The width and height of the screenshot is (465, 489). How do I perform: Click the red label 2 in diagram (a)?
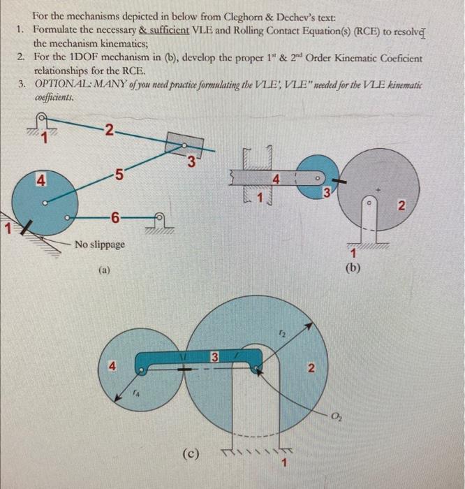(x=107, y=129)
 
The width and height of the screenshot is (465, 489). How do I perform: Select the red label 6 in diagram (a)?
(x=114, y=218)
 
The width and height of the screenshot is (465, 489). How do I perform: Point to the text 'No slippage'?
(x=100, y=245)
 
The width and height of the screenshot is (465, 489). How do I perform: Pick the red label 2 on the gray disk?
(x=401, y=204)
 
